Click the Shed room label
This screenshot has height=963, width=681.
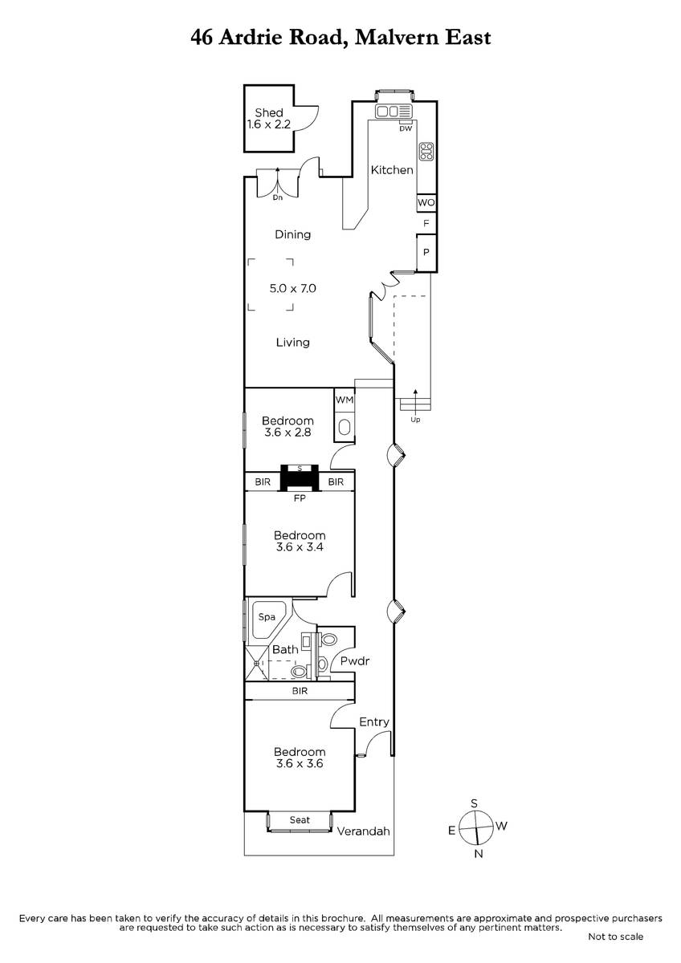click(269, 112)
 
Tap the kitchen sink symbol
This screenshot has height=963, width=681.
click(394, 112)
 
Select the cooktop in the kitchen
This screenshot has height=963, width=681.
click(426, 152)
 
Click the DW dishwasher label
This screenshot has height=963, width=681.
click(406, 128)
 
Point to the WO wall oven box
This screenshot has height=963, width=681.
click(426, 202)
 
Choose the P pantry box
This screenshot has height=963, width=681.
click(426, 252)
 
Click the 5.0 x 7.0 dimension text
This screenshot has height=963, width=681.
click(293, 288)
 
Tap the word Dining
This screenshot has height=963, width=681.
click(293, 234)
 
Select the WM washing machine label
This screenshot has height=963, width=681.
click(345, 400)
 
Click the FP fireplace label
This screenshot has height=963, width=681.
click(300, 498)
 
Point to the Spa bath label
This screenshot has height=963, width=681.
click(267, 617)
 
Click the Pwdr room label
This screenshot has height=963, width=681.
click(355, 661)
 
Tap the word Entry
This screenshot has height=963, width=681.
click(374, 722)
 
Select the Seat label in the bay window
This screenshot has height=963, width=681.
click(300, 820)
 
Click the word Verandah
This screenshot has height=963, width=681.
click(364, 831)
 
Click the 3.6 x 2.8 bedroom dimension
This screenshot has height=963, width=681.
click(287, 433)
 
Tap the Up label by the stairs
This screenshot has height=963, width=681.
click(415, 420)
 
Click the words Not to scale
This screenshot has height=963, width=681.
click(616, 937)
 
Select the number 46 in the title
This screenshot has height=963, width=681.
click(202, 38)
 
